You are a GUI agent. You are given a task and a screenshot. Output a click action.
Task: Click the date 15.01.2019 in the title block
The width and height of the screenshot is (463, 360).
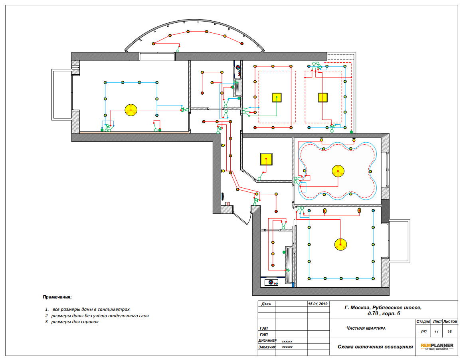(x=318, y=304)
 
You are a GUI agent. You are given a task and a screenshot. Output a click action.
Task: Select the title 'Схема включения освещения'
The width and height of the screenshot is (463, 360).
(x=375, y=347)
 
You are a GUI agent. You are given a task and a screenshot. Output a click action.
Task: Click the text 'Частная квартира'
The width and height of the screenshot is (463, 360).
(x=366, y=328)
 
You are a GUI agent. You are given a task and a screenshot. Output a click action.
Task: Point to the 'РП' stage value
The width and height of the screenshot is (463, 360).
(x=423, y=332)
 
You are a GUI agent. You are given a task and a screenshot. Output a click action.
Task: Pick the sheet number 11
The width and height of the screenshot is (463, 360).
(x=436, y=332)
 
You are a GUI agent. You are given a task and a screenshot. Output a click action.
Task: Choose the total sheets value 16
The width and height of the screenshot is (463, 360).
(x=449, y=332)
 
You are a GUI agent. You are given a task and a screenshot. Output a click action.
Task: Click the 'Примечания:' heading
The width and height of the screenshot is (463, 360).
(x=57, y=297)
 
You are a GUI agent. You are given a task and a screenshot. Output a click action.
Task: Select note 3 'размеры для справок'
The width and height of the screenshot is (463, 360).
(x=72, y=322)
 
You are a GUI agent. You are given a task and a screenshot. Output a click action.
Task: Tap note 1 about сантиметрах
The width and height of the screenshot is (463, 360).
(x=88, y=310)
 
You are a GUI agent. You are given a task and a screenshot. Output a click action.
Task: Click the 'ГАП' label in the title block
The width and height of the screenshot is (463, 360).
(x=264, y=328)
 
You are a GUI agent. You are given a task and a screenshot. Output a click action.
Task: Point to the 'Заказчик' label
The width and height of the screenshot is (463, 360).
(x=267, y=347)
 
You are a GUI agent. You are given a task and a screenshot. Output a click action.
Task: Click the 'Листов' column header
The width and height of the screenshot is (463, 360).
(x=450, y=321)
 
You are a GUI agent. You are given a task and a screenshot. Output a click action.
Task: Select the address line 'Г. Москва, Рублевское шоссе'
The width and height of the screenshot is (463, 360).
(x=383, y=308)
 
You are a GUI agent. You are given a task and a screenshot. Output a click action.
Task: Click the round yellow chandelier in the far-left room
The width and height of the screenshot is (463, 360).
(x=131, y=110)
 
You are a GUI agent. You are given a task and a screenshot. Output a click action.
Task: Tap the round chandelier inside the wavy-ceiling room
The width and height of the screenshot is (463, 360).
(x=338, y=171)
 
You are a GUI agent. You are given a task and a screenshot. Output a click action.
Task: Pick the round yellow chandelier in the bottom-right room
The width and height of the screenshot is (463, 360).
(x=340, y=245)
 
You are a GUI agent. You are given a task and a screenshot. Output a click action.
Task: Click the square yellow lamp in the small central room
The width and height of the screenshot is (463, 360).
(x=266, y=159)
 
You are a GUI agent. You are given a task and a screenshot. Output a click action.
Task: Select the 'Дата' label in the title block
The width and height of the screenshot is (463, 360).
(x=266, y=304)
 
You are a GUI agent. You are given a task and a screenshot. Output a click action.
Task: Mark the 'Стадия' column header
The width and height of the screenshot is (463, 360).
(x=423, y=321)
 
